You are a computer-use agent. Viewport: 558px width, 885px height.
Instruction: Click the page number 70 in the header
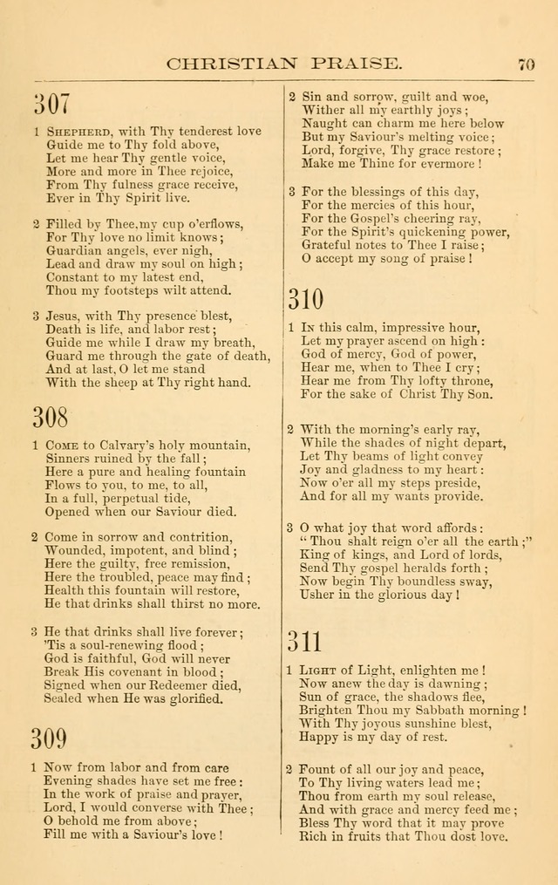pos(526,64)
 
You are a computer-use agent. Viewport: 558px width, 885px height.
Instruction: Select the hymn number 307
pos(51,104)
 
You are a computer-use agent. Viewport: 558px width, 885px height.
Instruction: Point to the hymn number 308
pos(51,418)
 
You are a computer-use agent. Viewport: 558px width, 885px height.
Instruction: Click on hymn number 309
pos(50,739)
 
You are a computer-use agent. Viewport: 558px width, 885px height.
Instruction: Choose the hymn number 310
pos(306,299)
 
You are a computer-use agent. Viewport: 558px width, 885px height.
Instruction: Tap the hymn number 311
pos(305,643)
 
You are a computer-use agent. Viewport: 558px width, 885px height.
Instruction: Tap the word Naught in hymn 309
pos(323,124)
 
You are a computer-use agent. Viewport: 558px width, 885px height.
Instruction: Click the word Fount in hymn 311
pos(317,770)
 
